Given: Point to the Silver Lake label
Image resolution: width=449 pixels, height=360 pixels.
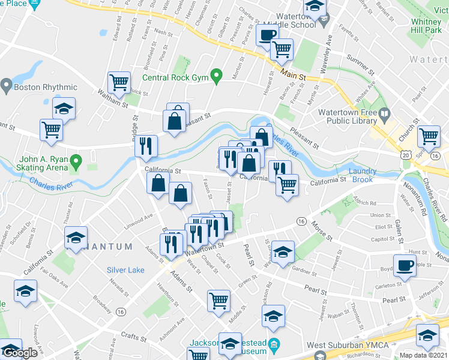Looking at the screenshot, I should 125,270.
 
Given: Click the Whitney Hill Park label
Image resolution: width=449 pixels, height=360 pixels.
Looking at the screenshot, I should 427,26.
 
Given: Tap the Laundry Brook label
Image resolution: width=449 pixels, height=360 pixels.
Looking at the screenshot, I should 361,175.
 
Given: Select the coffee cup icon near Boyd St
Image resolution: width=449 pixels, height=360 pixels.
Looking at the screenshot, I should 406,265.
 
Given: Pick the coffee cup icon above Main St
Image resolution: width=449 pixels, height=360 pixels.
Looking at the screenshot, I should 267,35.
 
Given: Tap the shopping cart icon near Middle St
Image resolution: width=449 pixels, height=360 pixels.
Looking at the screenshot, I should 218,300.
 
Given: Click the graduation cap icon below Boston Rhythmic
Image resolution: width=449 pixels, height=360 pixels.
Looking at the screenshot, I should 64,109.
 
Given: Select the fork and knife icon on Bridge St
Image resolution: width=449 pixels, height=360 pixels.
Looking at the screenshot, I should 146,146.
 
